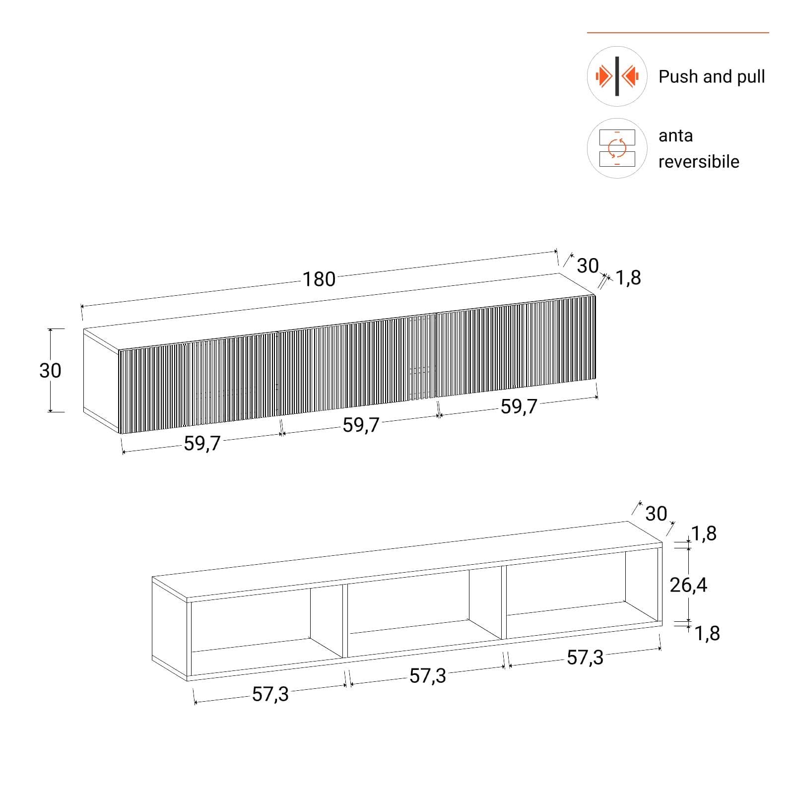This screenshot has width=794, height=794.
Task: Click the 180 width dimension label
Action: [x=319, y=279]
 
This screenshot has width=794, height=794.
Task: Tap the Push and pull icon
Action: [x=617, y=76]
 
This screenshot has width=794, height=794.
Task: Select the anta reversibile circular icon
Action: [x=617, y=148]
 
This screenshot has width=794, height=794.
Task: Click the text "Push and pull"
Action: [x=712, y=76]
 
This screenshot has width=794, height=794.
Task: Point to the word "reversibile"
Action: [x=699, y=161]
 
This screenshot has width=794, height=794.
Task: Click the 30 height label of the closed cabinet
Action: [x=50, y=370]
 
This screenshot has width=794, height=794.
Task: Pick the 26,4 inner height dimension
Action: [x=688, y=586]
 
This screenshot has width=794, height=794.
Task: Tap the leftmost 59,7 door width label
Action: [x=202, y=444]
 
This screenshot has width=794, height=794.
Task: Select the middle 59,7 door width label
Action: [x=361, y=425]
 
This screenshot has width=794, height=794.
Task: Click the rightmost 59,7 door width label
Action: [x=519, y=407]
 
